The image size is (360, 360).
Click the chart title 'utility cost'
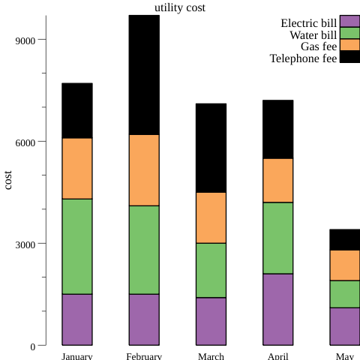click(179, 7)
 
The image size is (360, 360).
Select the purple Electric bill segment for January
click(76, 319)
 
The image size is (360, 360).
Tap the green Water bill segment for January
click(76, 246)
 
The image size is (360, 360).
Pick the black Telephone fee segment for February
click(144, 75)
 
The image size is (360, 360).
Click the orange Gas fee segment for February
click(144, 170)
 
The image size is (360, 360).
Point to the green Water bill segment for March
click(211, 270)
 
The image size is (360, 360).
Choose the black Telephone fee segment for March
click(211, 148)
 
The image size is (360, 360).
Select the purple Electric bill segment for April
click(277, 310)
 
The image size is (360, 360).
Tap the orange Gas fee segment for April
click(277, 180)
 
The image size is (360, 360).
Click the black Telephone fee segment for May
click(344, 239)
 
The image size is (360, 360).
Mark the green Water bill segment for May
click(344, 294)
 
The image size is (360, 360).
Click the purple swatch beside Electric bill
click(349, 21)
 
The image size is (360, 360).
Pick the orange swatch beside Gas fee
click(349, 45)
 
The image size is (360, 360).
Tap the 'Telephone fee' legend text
click(303, 58)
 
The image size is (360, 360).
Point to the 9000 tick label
click(25, 40)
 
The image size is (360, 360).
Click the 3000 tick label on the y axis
click(25, 244)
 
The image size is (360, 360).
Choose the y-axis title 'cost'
click(8, 180)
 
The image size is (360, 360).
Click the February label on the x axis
click(144, 356)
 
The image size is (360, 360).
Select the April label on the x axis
click(277, 356)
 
